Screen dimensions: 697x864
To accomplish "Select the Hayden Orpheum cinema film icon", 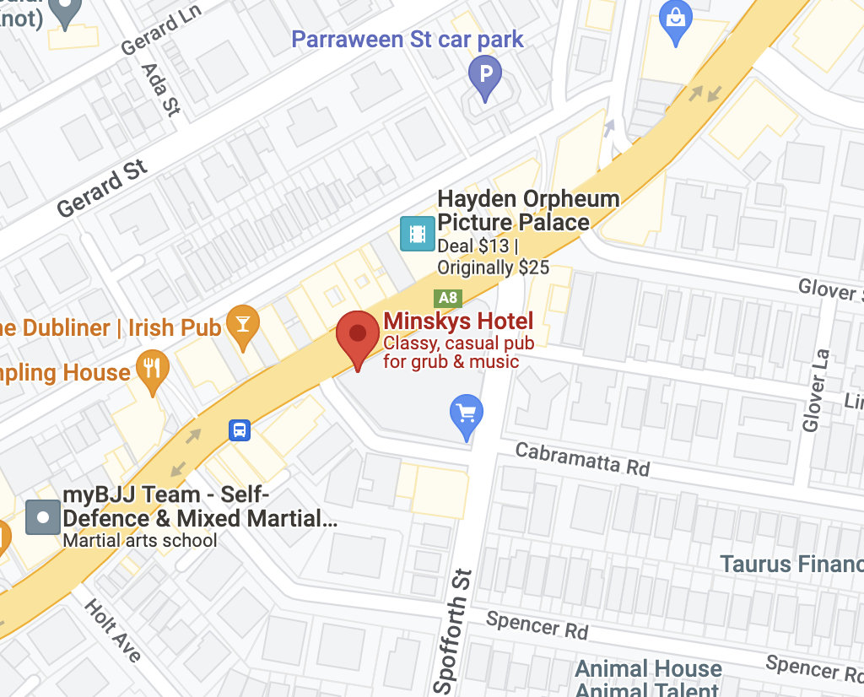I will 417,233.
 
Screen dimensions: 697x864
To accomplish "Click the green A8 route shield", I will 447,298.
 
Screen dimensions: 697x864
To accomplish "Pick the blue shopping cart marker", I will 466,414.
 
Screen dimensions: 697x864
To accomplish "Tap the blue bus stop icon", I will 240,430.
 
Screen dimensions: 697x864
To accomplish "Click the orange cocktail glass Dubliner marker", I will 243,324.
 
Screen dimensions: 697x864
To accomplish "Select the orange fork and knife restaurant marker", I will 152,368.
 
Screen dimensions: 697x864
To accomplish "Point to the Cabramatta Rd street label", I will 582,458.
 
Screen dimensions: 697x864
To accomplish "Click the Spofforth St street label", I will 453,628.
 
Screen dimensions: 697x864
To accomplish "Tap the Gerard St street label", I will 102,187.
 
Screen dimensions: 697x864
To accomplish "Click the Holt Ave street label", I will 112,629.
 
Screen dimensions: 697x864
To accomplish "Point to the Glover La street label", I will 816,390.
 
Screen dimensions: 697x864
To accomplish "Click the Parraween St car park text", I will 408,39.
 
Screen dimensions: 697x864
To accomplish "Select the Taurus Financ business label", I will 791,564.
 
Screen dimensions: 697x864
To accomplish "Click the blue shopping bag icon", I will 678,15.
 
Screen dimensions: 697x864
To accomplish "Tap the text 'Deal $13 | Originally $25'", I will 493,257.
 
